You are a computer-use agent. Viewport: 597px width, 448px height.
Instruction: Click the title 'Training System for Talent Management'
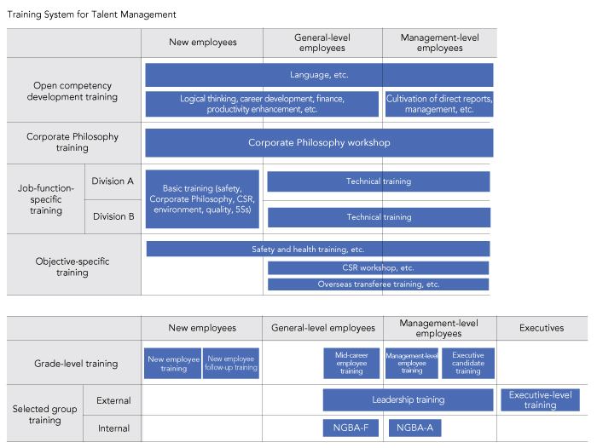pos(91,14)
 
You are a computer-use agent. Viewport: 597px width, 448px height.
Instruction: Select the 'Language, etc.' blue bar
pos(319,75)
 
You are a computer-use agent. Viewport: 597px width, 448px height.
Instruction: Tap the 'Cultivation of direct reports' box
pos(439,104)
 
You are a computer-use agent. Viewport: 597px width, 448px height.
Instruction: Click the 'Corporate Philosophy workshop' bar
pos(319,142)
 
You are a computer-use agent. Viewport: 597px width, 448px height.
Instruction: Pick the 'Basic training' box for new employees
pos(202,199)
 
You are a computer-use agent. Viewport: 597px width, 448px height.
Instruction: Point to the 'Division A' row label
pos(113,181)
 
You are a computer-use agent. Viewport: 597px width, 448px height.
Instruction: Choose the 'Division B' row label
pos(113,216)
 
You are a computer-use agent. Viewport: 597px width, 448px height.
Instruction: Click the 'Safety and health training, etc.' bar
pos(318,249)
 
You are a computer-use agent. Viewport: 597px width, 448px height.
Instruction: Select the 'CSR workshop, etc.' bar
pos(378,267)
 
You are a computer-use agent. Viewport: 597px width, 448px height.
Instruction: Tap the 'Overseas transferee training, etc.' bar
pos(378,284)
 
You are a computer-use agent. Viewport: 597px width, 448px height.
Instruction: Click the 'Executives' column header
pos(542,328)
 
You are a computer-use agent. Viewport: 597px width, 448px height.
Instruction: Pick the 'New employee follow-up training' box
pos(231,363)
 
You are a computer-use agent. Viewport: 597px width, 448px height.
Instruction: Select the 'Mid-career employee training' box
pos(351,363)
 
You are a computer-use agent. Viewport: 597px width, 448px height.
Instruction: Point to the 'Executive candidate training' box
pos(468,363)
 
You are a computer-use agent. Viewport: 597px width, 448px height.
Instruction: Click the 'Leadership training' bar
pos(409,399)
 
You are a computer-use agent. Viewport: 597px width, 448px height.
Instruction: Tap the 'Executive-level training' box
pos(540,399)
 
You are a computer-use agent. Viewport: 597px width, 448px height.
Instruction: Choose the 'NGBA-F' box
pos(351,428)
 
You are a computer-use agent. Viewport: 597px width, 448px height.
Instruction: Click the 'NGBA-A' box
pos(414,428)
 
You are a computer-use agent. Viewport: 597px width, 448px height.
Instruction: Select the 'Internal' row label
pos(113,428)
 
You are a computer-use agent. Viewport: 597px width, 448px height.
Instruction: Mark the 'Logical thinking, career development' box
pos(262,104)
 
